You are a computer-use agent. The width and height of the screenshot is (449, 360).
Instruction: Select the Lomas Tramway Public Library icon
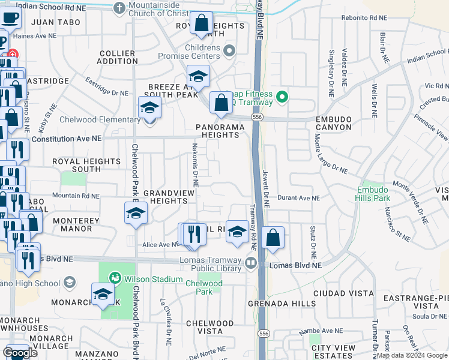tap(250, 262)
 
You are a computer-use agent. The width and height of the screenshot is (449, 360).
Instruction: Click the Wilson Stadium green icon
tap(114, 278)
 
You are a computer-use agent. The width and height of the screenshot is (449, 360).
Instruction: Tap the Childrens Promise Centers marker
tap(229, 52)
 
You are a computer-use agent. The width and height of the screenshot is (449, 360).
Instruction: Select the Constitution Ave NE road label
tap(67, 138)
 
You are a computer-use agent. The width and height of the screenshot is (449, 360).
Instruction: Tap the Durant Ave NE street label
tap(298, 197)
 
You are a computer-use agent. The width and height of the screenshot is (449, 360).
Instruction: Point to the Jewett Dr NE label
tap(265, 188)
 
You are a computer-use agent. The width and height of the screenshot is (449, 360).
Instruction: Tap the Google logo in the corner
tap(19, 353)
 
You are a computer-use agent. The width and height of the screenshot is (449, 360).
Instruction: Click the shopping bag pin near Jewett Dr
tap(273, 237)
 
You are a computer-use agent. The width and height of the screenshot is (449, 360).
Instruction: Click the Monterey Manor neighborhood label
tap(73, 224)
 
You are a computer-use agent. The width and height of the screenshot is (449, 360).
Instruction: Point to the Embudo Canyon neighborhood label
tap(333, 123)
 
